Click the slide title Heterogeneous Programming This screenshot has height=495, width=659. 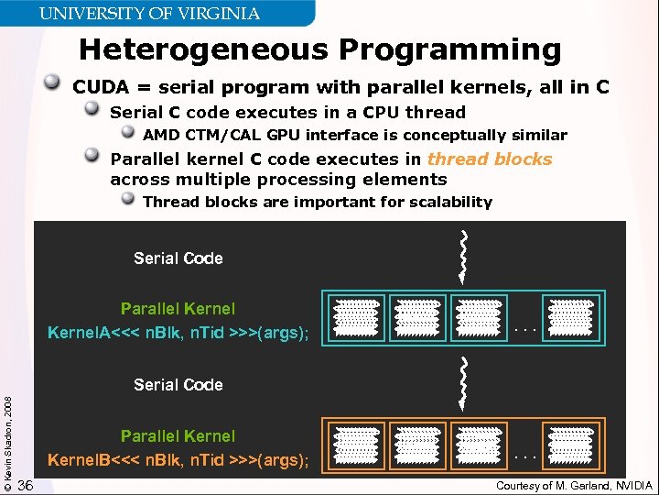(319, 49)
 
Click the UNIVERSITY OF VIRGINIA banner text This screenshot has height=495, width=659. (149, 13)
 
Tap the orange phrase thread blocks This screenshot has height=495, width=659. (490, 159)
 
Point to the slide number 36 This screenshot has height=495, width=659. (27, 485)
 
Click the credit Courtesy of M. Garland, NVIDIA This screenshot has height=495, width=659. (574, 485)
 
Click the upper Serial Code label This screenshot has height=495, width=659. (178, 258)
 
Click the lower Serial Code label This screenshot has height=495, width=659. (178, 385)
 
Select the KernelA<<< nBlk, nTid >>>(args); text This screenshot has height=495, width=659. (178, 333)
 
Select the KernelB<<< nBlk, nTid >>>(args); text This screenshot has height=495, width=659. (178, 458)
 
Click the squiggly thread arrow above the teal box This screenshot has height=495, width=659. (464, 256)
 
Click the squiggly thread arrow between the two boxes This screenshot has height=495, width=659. (464, 382)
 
